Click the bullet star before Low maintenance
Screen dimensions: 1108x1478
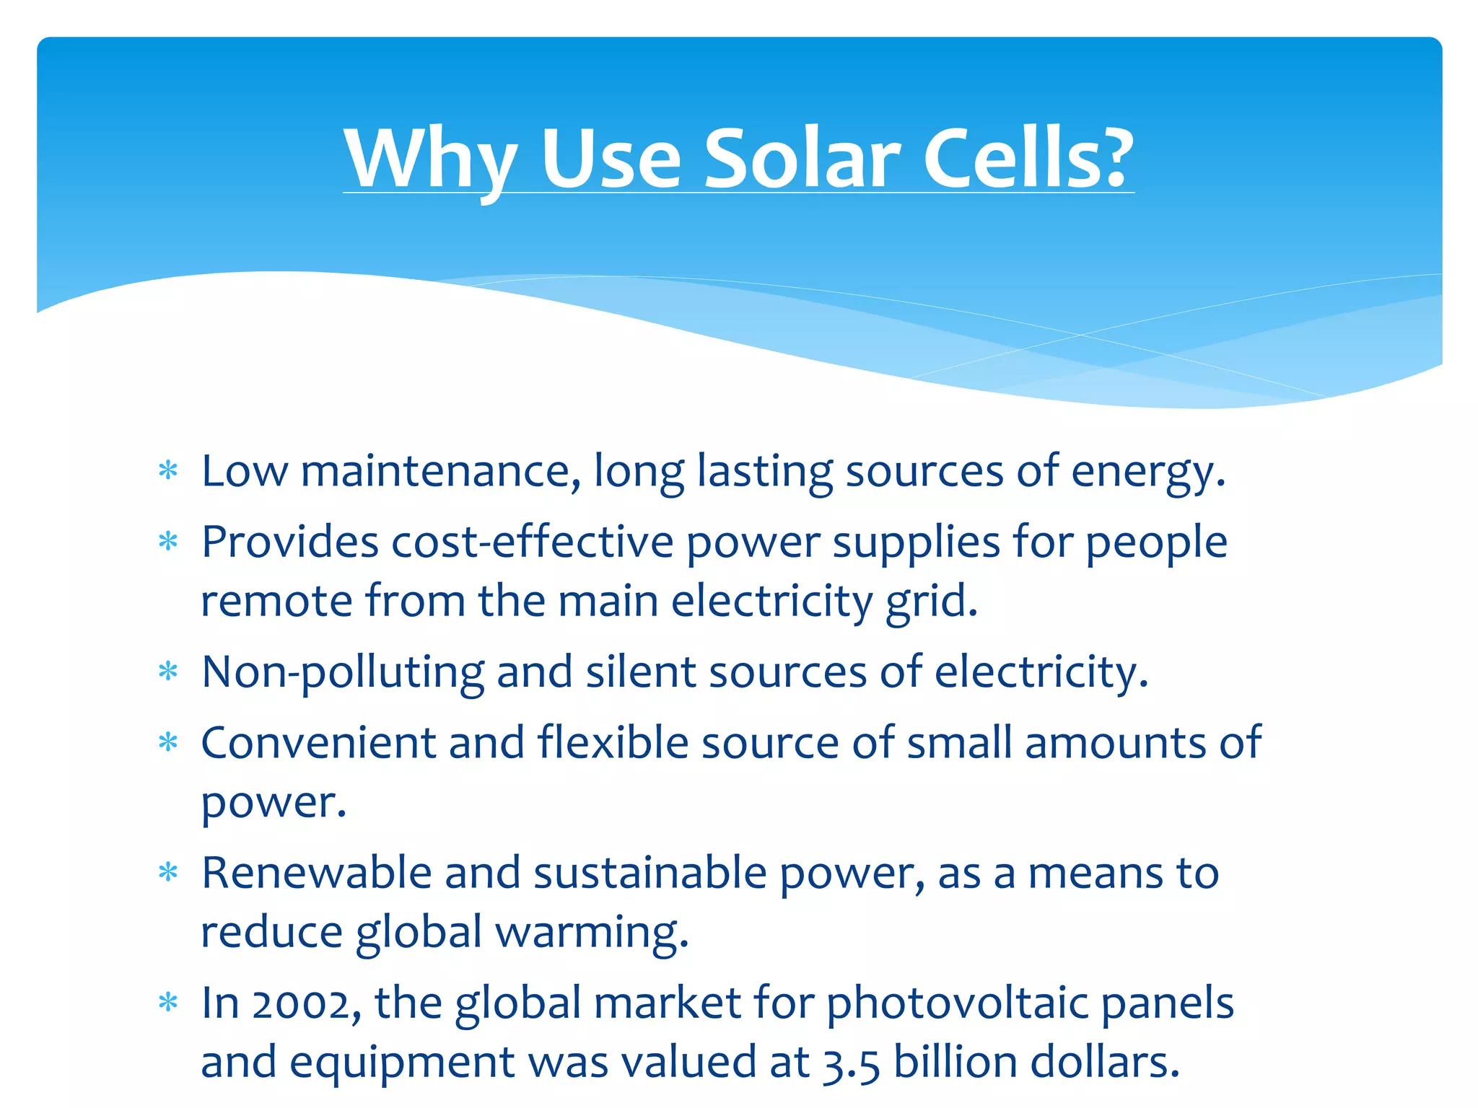click(x=168, y=471)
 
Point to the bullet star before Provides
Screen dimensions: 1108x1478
click(x=168, y=541)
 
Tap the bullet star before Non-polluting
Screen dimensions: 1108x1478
click(x=168, y=672)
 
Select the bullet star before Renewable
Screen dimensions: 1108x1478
click(x=168, y=873)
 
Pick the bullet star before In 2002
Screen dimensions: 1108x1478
click(x=168, y=1003)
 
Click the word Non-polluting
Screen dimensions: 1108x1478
click(x=343, y=673)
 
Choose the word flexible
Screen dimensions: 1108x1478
click(x=613, y=742)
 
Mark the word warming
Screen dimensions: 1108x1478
click(x=592, y=933)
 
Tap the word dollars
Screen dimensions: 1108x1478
click(x=1105, y=1063)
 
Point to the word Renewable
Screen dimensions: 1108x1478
click(x=316, y=873)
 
